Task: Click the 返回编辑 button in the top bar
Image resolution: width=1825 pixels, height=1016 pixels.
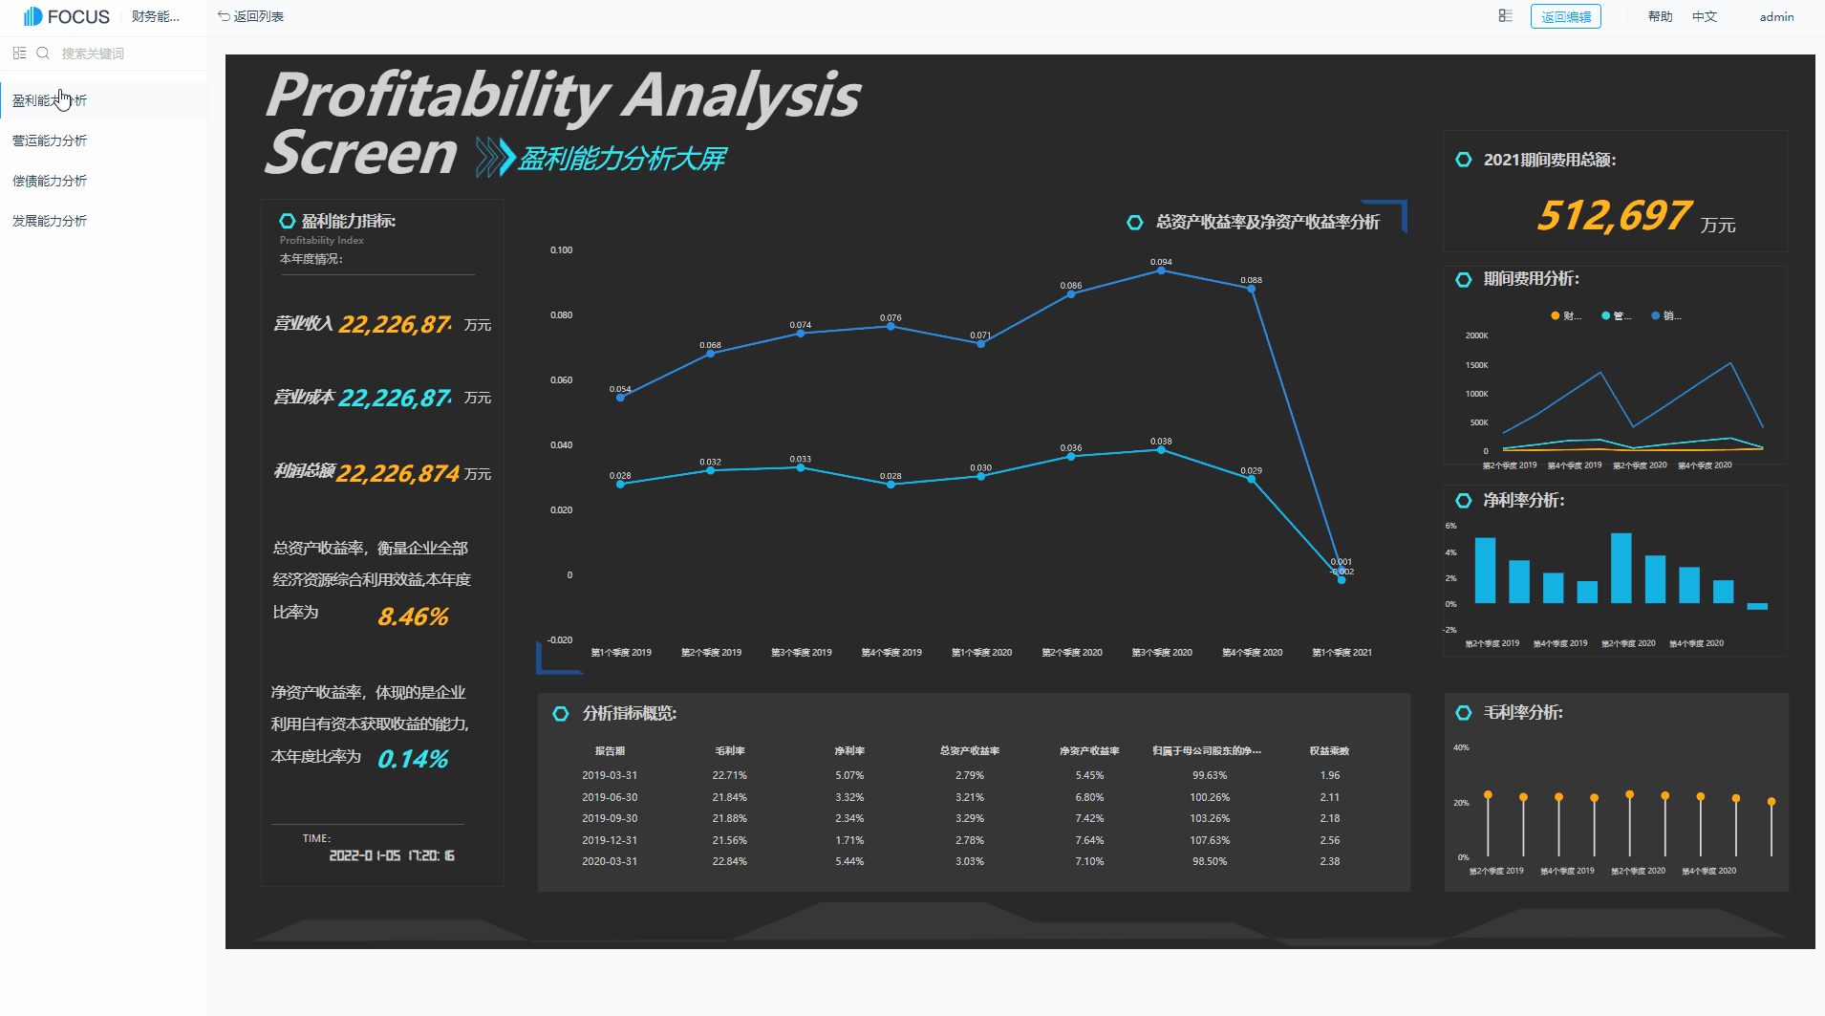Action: point(1565,17)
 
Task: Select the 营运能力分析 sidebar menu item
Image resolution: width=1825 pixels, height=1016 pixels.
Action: point(50,141)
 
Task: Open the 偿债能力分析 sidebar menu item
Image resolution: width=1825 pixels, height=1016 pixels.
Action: point(50,181)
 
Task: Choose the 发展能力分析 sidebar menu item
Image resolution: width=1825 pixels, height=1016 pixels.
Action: point(50,221)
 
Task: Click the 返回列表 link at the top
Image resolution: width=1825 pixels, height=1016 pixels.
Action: point(251,16)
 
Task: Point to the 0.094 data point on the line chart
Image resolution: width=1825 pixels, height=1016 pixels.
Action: point(1161,270)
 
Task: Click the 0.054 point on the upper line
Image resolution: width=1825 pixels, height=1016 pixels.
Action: point(620,398)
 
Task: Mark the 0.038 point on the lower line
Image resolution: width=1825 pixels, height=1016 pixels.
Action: point(1161,450)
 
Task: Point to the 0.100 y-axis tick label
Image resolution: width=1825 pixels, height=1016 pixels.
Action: point(561,250)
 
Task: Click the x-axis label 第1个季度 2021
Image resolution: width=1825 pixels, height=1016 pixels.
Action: point(1342,653)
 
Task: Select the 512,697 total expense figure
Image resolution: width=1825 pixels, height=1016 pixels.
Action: point(1614,216)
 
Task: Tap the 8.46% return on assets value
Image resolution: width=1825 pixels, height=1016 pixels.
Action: point(413,617)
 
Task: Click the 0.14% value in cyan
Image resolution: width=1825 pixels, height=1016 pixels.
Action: point(413,759)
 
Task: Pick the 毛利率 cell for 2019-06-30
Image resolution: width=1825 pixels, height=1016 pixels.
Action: point(729,797)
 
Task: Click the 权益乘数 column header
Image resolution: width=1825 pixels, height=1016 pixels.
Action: point(1329,751)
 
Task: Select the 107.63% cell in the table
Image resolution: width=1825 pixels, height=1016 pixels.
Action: point(1210,840)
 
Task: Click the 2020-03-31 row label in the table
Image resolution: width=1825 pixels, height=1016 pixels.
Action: point(610,861)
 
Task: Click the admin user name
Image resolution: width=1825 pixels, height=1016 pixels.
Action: point(1776,17)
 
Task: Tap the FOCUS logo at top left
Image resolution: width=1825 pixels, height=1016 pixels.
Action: point(67,16)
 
